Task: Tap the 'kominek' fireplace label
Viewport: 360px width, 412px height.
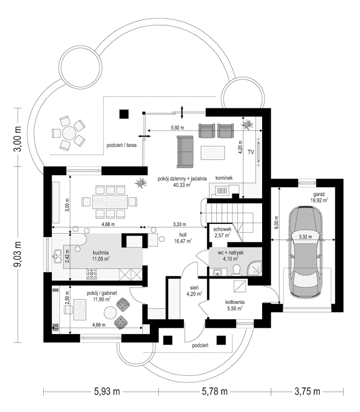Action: coord(224,178)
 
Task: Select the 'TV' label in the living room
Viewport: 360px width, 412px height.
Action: coord(251,153)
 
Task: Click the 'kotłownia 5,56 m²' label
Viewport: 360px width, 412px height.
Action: coord(231,305)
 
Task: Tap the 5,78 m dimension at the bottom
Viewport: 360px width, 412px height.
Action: coord(214,391)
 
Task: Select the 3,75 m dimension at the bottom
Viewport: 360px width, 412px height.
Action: coord(308,391)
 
